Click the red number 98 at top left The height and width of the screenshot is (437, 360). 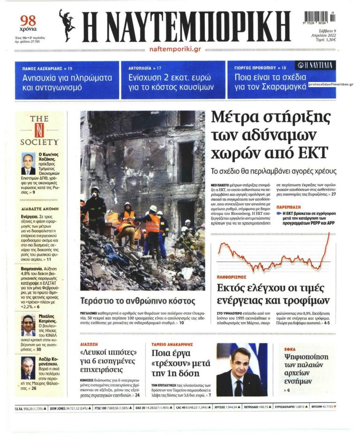(28, 21)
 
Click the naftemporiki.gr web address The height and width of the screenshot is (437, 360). (175, 49)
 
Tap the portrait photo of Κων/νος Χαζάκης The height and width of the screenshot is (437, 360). (28, 164)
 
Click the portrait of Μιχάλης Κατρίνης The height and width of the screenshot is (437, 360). (28, 325)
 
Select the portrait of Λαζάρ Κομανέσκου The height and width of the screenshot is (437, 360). (28, 368)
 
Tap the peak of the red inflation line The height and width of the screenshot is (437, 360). (329, 233)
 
